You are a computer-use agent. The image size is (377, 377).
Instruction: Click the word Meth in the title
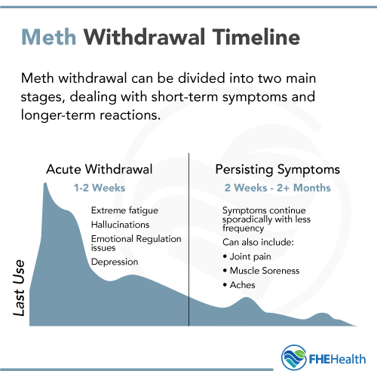pyautogui.click(x=48, y=36)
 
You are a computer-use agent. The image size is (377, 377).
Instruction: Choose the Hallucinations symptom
pyautogui.click(x=121, y=224)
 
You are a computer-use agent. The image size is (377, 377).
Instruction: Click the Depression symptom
pyautogui.click(x=115, y=262)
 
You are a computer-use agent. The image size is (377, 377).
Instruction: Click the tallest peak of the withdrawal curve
pyautogui.click(x=45, y=185)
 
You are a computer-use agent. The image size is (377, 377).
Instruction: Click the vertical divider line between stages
pyautogui.click(x=188, y=241)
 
